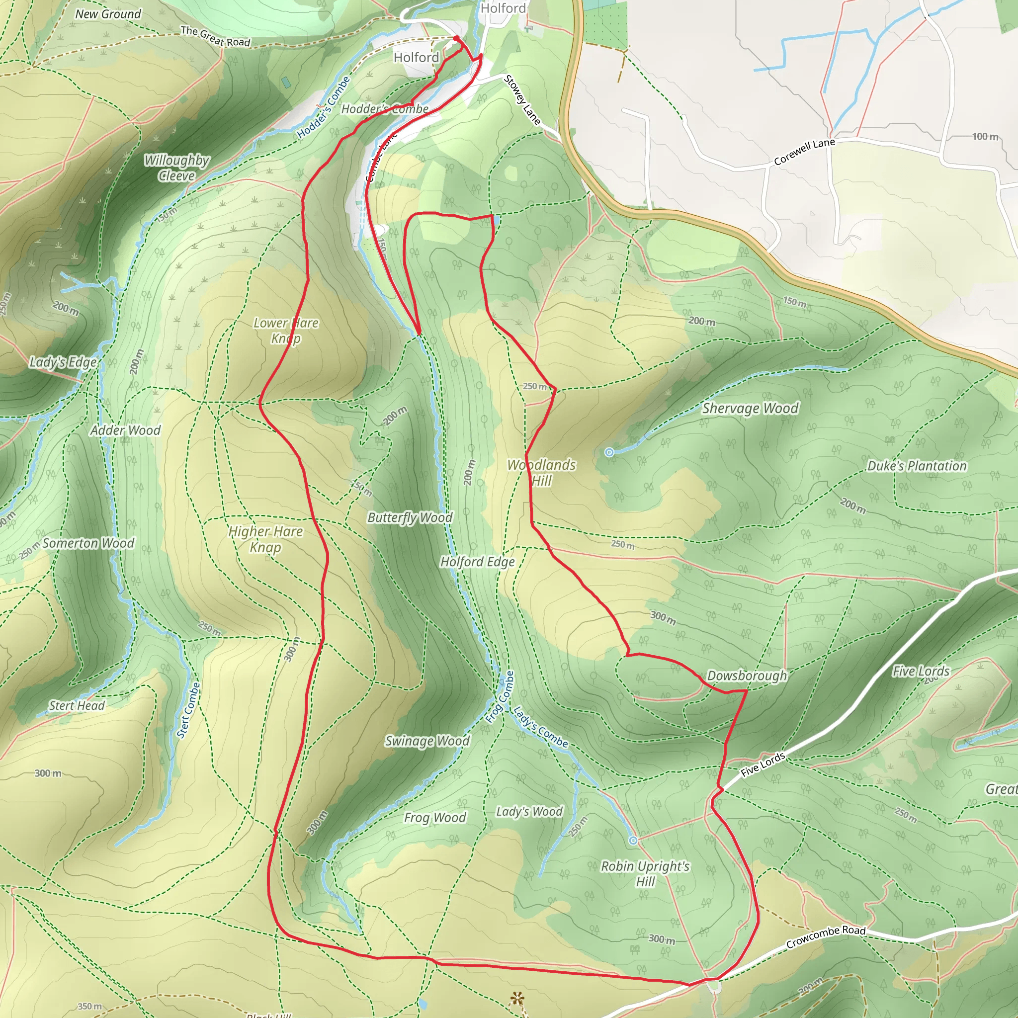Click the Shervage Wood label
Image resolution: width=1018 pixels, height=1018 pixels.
[x=750, y=409]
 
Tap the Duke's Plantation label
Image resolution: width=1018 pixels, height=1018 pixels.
[x=917, y=466]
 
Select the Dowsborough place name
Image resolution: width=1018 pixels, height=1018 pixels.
[x=747, y=676]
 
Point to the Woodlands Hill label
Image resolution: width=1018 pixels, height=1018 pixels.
[x=541, y=473]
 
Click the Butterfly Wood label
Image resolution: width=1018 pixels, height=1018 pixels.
[x=410, y=517]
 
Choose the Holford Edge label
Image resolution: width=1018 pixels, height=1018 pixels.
[x=477, y=562]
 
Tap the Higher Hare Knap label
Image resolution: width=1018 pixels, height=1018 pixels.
[x=265, y=539]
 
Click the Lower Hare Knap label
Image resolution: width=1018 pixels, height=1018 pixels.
[x=286, y=331]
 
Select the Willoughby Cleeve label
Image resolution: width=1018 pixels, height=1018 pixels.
[x=176, y=168]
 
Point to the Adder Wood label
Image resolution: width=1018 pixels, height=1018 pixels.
[x=125, y=430]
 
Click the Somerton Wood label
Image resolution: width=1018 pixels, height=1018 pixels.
[x=88, y=543]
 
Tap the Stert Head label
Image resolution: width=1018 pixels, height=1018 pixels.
[x=77, y=705]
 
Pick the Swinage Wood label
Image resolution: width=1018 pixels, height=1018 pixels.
[x=427, y=741]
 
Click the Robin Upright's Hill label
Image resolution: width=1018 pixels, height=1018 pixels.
[x=645, y=874]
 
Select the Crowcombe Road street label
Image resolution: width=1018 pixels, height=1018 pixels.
[x=825, y=937]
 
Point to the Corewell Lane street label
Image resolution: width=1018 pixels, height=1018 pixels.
[x=804, y=151]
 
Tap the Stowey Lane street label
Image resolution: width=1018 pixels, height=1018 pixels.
[x=522, y=100]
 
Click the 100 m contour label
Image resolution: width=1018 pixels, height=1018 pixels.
[x=985, y=137]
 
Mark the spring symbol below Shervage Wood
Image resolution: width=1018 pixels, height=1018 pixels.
[x=609, y=452]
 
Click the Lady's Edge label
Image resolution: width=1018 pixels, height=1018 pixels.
[x=63, y=362]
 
